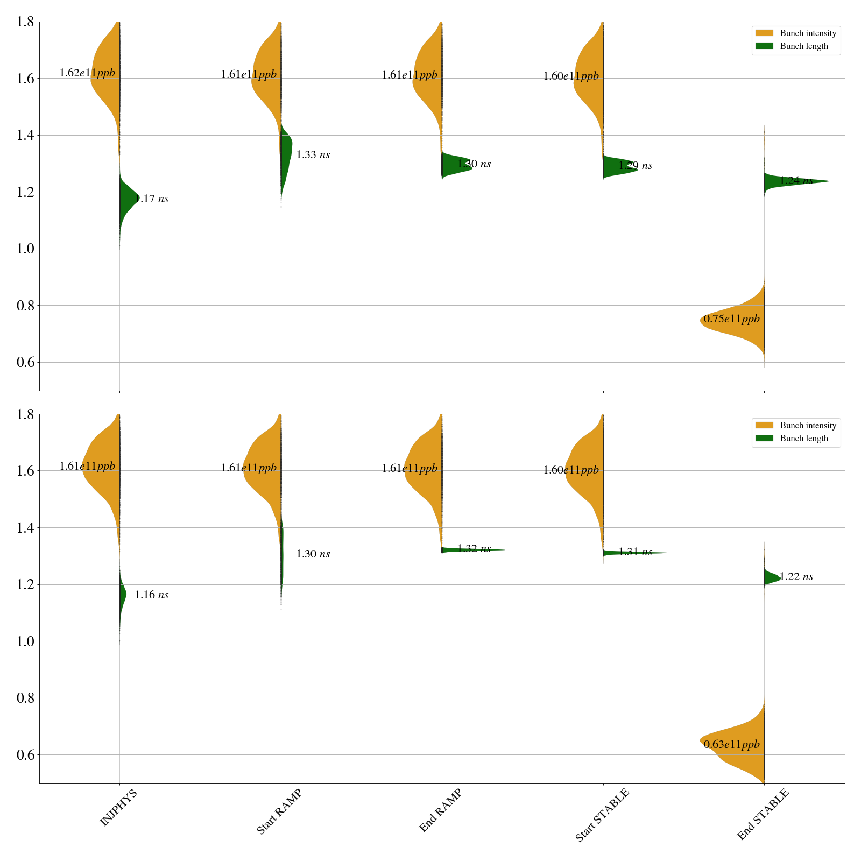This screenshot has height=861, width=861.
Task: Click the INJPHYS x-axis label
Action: click(x=118, y=807)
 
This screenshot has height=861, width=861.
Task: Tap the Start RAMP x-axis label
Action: click(x=279, y=811)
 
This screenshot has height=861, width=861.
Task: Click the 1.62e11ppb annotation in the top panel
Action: click(x=87, y=73)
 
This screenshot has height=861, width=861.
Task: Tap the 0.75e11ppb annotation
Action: click(x=732, y=319)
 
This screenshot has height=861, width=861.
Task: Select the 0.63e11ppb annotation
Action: click(x=732, y=745)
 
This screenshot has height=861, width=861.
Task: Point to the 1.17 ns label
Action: click(x=152, y=199)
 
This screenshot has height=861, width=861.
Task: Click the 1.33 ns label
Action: click(x=313, y=155)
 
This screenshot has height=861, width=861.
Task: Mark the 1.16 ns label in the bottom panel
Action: click(x=152, y=595)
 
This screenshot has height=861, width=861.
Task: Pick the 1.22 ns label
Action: click(x=796, y=577)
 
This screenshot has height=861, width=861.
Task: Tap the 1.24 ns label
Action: click(x=796, y=181)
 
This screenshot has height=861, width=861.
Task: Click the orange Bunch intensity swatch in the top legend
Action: click(x=764, y=33)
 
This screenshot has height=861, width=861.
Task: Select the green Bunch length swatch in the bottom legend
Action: click(x=764, y=439)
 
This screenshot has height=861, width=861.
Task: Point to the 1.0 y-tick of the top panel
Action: click(x=26, y=249)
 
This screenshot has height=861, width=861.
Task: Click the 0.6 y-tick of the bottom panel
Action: click(x=26, y=755)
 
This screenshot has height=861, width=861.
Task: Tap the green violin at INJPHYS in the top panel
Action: click(x=127, y=198)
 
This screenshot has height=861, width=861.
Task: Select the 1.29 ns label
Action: click(x=636, y=166)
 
